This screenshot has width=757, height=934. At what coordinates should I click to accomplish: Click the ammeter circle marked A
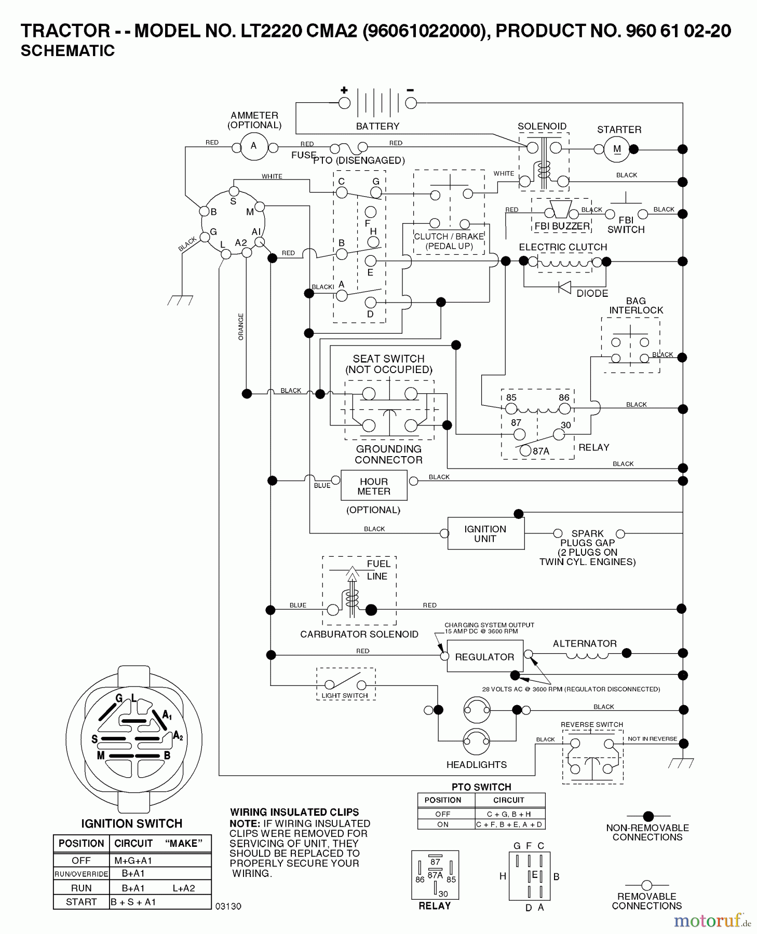[254, 146]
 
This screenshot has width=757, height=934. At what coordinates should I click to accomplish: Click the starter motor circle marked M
[616, 149]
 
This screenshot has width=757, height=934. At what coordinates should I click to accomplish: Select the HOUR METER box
[373, 486]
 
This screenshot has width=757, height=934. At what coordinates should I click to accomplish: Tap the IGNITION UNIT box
[485, 533]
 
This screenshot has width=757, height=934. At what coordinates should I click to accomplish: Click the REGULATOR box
[484, 656]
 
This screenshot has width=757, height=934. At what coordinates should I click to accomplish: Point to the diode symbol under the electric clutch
[564, 286]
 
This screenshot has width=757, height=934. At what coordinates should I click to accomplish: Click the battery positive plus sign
[344, 90]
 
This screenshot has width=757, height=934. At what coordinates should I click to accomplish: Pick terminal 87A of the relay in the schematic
[525, 450]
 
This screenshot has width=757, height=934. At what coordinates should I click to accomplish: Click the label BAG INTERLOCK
[636, 306]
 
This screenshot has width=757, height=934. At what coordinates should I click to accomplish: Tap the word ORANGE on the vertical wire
[241, 326]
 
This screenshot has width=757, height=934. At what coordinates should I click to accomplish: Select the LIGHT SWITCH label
[345, 695]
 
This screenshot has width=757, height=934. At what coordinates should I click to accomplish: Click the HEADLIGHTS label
[476, 764]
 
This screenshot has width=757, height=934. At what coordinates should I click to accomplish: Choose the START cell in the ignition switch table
[81, 901]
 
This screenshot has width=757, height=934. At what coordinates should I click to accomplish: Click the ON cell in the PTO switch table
[443, 824]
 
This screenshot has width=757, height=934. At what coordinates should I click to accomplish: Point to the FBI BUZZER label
[562, 226]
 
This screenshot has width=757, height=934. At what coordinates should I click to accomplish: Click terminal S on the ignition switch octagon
[234, 191]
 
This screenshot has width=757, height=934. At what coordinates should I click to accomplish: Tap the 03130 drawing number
[228, 906]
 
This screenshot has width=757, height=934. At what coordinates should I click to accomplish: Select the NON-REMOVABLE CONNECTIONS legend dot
[648, 816]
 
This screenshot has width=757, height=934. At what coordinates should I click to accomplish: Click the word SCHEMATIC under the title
[67, 51]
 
